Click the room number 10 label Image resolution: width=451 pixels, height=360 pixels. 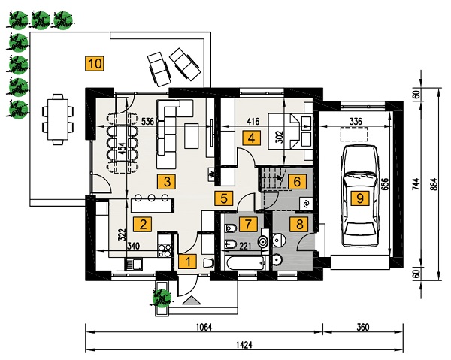[x=95, y=63]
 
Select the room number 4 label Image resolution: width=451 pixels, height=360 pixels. [x=251, y=138]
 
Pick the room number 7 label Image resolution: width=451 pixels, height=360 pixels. [x=251, y=224]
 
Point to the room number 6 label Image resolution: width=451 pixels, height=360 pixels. [x=297, y=181]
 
